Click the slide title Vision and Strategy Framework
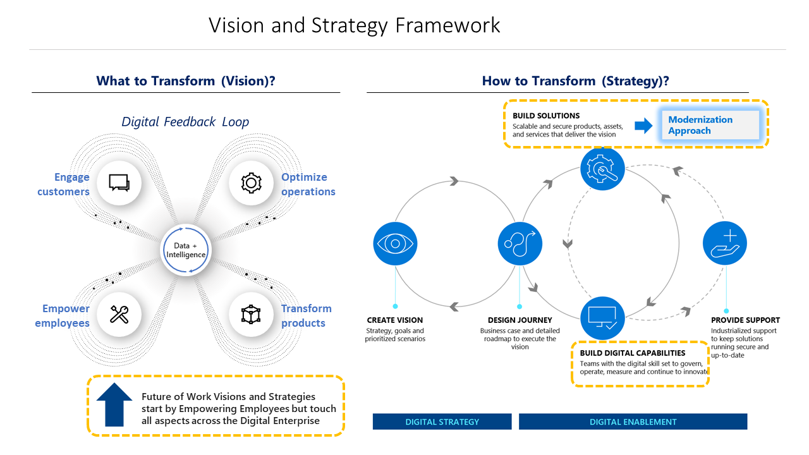[355, 25]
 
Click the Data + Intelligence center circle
[185, 250]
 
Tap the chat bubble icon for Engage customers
[119, 183]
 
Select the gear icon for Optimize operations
[251, 183]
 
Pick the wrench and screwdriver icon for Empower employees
[119, 314]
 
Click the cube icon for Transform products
[251, 314]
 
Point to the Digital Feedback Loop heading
[185, 122]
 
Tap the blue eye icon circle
[395, 243]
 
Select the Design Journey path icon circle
[520, 243]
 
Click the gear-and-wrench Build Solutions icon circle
[602, 169]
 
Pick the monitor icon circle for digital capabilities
[602, 318]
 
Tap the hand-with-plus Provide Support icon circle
[725, 243]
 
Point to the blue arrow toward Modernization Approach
[643, 126]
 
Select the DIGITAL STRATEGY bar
[442, 422]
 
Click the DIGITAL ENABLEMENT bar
[633, 422]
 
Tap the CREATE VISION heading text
[395, 320]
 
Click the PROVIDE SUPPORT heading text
[745, 320]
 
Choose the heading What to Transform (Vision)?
[185, 81]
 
